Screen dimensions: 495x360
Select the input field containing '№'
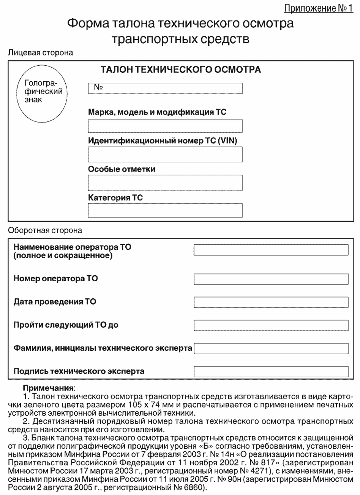[x=165, y=88]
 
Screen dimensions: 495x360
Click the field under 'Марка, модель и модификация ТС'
[x=165, y=126]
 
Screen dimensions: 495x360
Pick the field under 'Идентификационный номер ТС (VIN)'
[x=165, y=154]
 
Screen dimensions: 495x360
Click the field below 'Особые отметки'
[x=165, y=183]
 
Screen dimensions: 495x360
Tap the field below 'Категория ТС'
[x=165, y=211]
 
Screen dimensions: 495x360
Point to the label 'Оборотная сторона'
[x=44, y=230]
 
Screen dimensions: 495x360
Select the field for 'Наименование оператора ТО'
[x=271, y=250]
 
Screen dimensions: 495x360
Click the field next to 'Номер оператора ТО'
[x=271, y=279]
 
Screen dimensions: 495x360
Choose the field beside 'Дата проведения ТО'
[x=271, y=302]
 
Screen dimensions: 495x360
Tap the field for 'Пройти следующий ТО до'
[x=271, y=325]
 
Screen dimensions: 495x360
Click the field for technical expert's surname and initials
[x=271, y=348]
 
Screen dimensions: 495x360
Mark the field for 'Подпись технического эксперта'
[x=271, y=371]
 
